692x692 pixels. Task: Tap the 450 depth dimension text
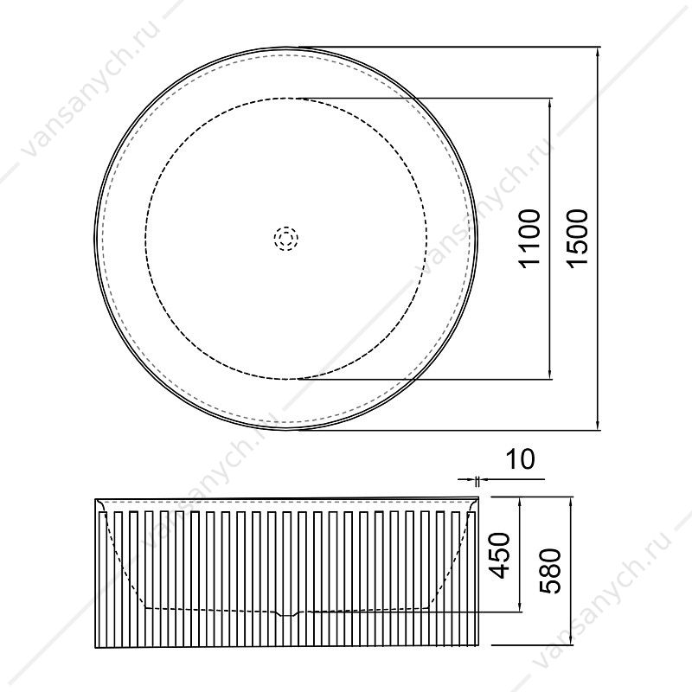pyautogui.click(x=501, y=555)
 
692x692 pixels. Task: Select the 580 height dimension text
pyautogui.click(x=550, y=571)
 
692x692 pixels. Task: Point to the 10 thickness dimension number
pyautogui.click(x=520, y=459)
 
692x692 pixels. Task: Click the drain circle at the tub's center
pyautogui.click(x=286, y=239)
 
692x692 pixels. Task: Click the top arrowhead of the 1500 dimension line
pyautogui.click(x=598, y=53)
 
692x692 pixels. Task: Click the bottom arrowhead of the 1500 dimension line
pyautogui.click(x=598, y=423)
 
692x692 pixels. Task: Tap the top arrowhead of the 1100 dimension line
pyautogui.click(x=549, y=104)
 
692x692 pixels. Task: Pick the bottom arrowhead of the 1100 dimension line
pyautogui.click(x=549, y=373)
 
